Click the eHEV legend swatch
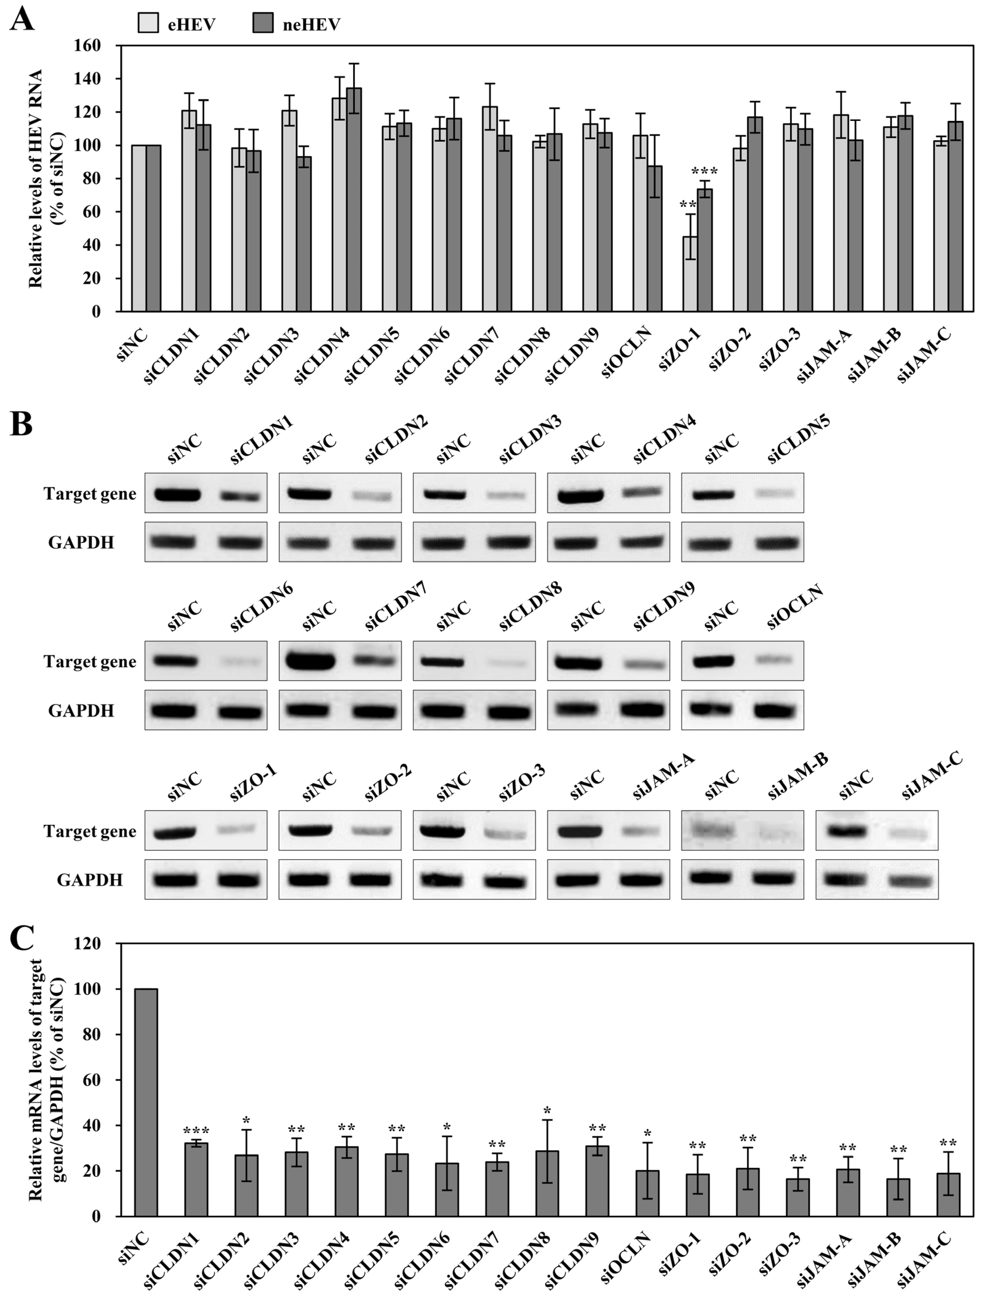point(148,24)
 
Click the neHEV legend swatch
point(263,24)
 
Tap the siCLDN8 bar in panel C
point(547,1184)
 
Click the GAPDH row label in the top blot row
point(81,542)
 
